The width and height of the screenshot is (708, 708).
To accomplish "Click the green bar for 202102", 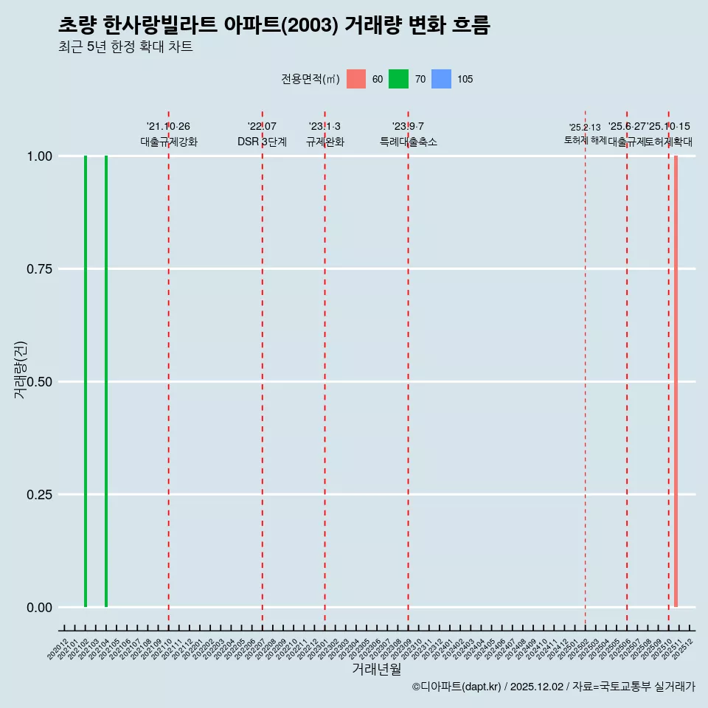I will pyautogui.click(x=86, y=381).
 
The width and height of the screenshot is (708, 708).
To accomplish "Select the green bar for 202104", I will pyautogui.click(x=106, y=381).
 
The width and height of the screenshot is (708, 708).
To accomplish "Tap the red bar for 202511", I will pyautogui.click(x=676, y=381).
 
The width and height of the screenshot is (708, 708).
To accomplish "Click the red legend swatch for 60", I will pyautogui.click(x=356, y=79).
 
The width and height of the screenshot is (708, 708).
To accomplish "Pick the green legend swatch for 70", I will pyautogui.click(x=398, y=79).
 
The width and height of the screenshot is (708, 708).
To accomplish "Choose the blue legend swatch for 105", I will pyautogui.click(x=441, y=79).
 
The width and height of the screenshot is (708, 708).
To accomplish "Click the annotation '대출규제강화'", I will pyautogui.click(x=169, y=142).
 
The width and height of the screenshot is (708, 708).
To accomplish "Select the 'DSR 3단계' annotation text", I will pyautogui.click(x=262, y=142).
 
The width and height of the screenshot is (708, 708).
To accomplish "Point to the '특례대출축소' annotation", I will pyautogui.click(x=409, y=142).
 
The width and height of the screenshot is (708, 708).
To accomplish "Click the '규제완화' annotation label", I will pyautogui.click(x=325, y=142).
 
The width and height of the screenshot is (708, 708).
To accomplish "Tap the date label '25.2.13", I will pyautogui.click(x=585, y=128).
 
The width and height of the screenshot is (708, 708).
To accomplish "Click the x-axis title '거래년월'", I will pyautogui.click(x=377, y=669).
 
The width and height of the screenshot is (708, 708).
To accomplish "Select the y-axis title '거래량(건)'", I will pyautogui.click(x=21, y=370).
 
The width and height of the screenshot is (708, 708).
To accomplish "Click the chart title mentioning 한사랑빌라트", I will pyautogui.click(x=274, y=26).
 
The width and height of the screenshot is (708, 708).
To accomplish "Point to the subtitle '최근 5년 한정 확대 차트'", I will pyautogui.click(x=125, y=47).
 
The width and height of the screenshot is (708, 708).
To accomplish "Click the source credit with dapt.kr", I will pyautogui.click(x=553, y=687).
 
